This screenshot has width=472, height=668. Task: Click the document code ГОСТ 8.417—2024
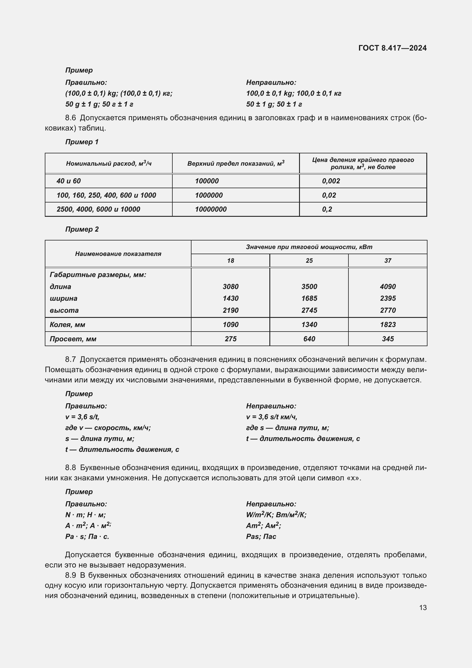392,48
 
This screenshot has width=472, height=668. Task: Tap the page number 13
423,607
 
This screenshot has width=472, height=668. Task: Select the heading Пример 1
82,142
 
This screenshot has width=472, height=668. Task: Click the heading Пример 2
82,229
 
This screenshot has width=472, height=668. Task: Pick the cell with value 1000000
209,195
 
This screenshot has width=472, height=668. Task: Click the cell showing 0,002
331,181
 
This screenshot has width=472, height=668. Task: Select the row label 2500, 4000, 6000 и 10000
98,209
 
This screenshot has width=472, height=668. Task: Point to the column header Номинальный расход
109,164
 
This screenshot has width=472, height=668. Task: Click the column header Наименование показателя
118,254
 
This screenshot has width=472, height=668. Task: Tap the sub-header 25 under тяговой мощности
309,261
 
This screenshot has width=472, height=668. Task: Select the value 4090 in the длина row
388,286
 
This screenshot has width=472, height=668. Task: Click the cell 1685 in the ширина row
309,298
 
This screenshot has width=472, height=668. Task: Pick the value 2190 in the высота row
231,310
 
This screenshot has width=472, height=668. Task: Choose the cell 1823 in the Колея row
388,324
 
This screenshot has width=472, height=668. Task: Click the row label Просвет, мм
73,339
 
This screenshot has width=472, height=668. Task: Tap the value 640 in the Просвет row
309,339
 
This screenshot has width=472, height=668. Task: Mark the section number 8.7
70,359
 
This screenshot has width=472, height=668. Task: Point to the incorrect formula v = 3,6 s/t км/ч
271,417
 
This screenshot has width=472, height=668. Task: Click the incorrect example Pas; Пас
261,537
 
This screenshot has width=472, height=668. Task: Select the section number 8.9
70,575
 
